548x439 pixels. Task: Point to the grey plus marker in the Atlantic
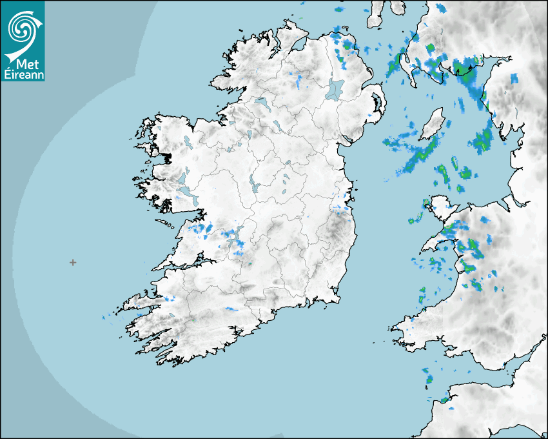tap(73, 262)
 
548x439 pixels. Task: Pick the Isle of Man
tap(431, 123)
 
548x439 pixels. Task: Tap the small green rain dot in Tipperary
tap(250, 263)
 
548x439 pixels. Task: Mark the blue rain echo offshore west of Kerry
tap(104, 318)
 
